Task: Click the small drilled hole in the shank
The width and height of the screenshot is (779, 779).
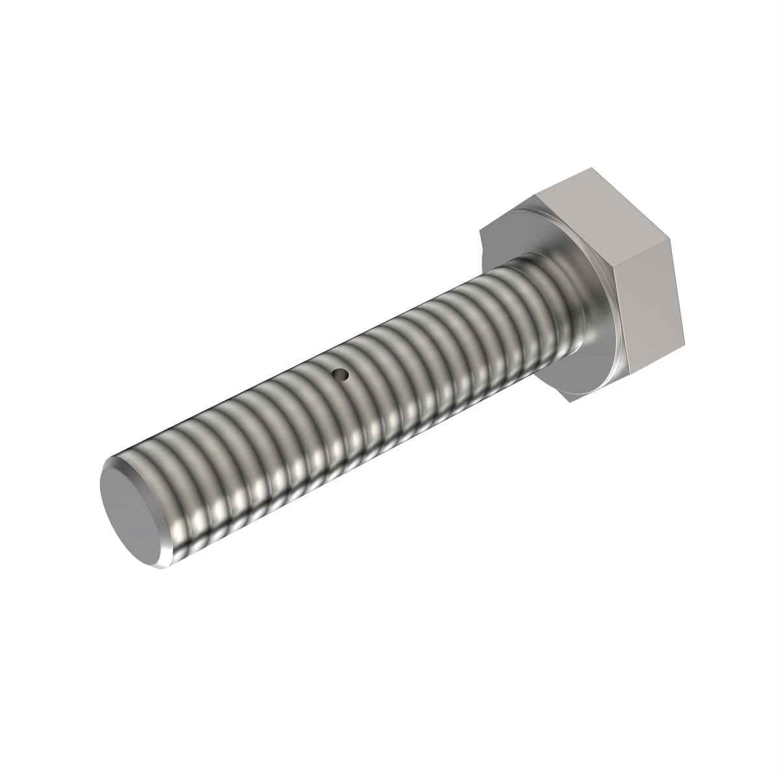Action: coord(340,374)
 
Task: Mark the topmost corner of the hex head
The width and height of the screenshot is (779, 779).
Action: coord(592,168)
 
